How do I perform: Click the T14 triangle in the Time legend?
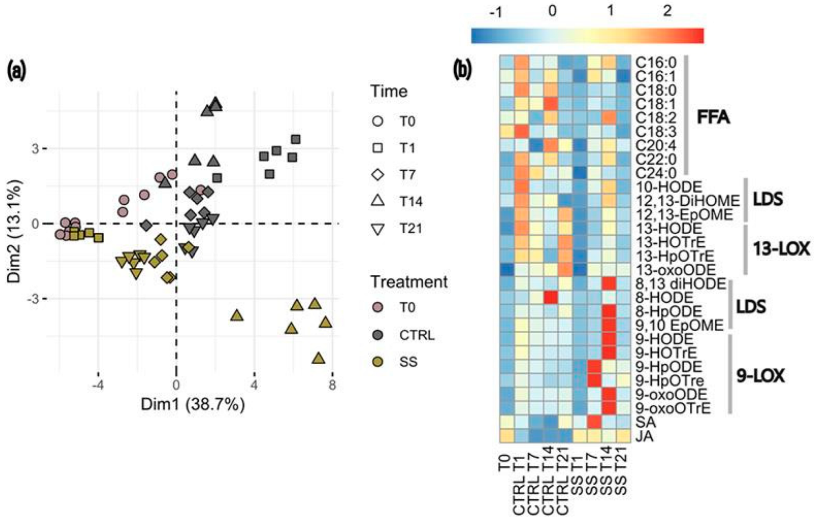(x=378, y=201)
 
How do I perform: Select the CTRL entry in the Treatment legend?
(x=378, y=335)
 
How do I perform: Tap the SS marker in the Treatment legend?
(x=378, y=362)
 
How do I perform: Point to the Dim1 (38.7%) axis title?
(x=193, y=404)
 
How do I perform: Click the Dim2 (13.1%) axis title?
(x=15, y=231)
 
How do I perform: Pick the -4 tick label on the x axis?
(x=97, y=385)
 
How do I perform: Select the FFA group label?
(x=713, y=117)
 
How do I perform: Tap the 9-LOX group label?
(x=760, y=376)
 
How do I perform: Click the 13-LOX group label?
(x=781, y=248)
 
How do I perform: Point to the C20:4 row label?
(x=656, y=146)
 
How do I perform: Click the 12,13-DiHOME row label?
(x=687, y=201)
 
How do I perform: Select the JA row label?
(x=644, y=436)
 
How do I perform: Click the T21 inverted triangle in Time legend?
(x=378, y=229)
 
